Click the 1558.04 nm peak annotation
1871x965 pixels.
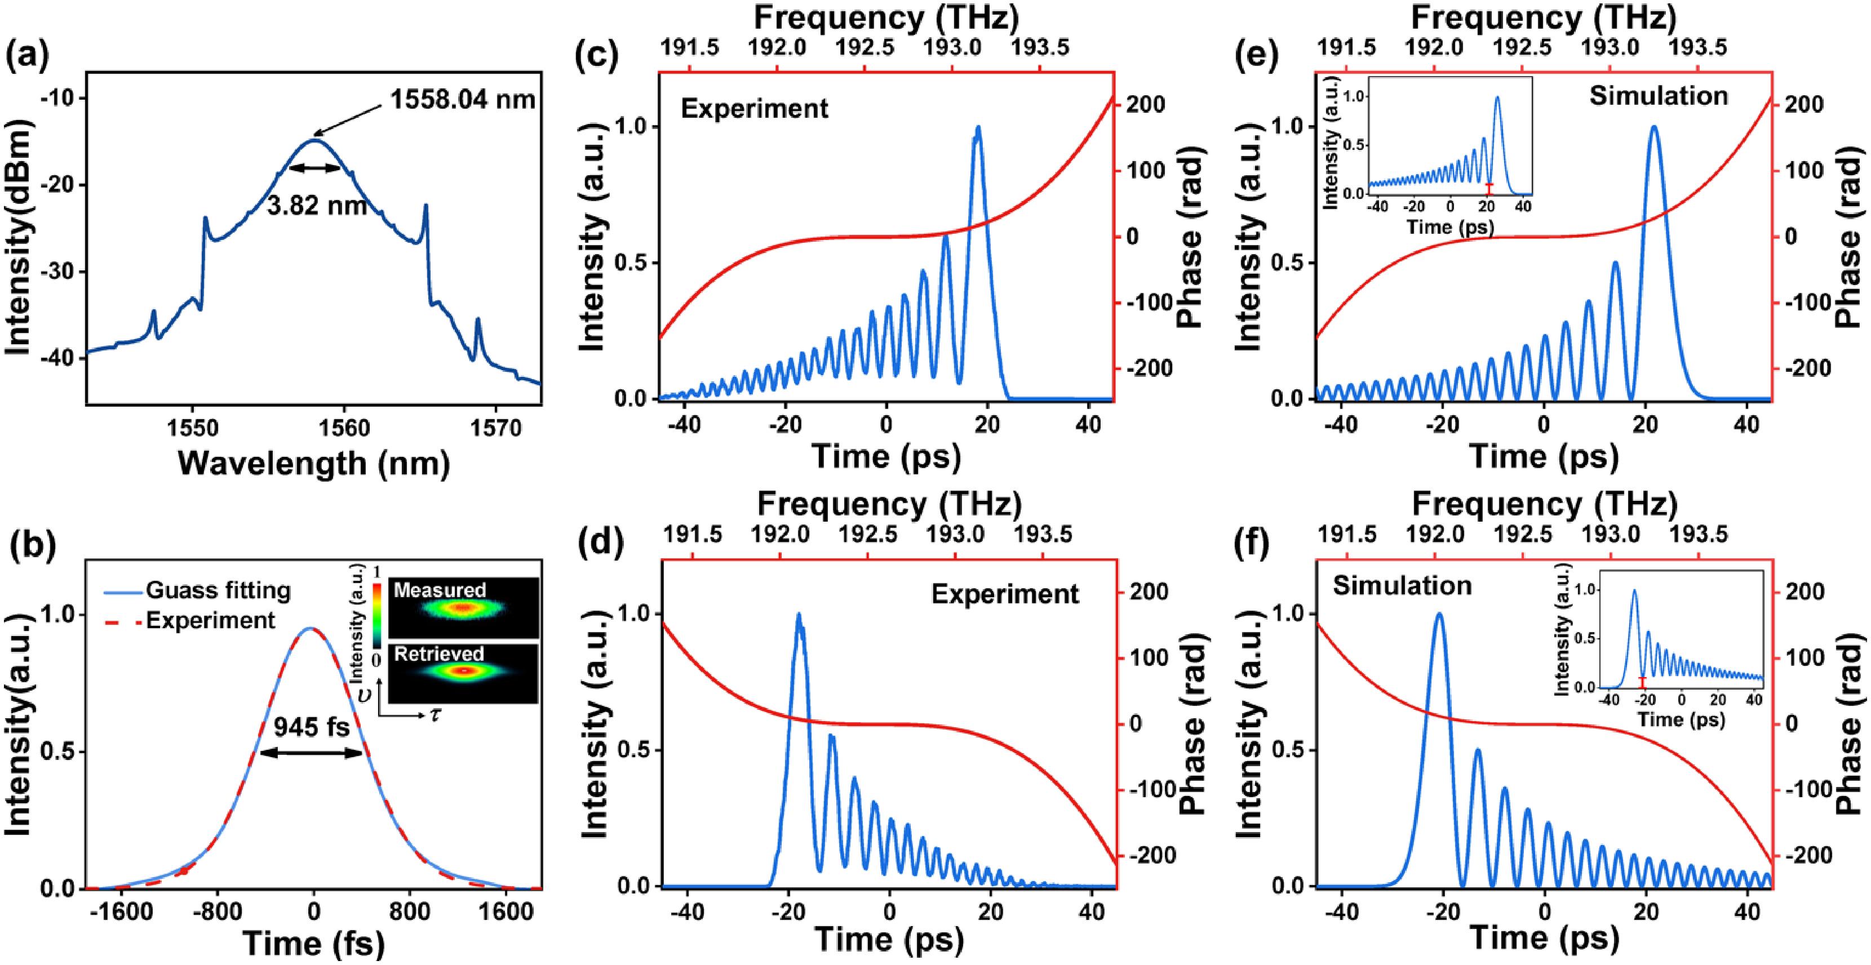463,99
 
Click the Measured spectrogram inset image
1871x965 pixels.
463,608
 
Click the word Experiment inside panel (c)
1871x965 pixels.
754,109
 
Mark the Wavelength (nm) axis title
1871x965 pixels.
314,463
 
